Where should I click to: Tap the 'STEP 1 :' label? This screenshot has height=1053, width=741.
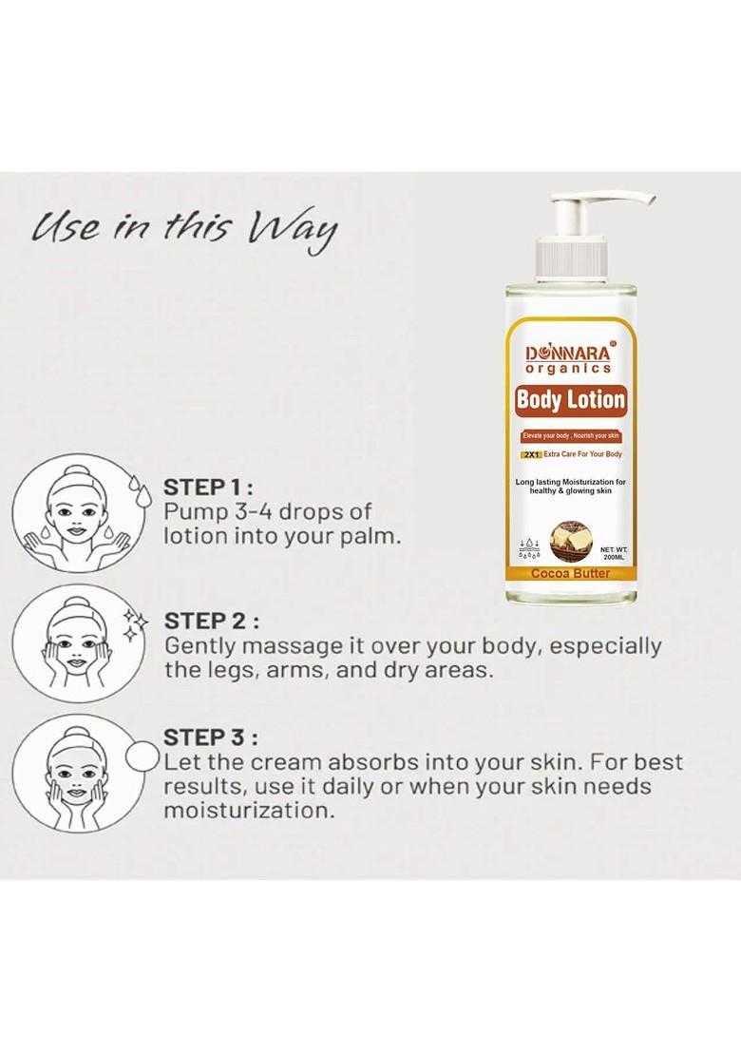click(209, 488)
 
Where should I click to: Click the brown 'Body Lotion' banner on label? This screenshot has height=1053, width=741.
click(570, 400)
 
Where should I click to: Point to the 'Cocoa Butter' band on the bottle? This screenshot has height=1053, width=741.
click(570, 573)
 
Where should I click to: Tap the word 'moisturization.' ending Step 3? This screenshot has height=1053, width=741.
click(249, 812)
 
